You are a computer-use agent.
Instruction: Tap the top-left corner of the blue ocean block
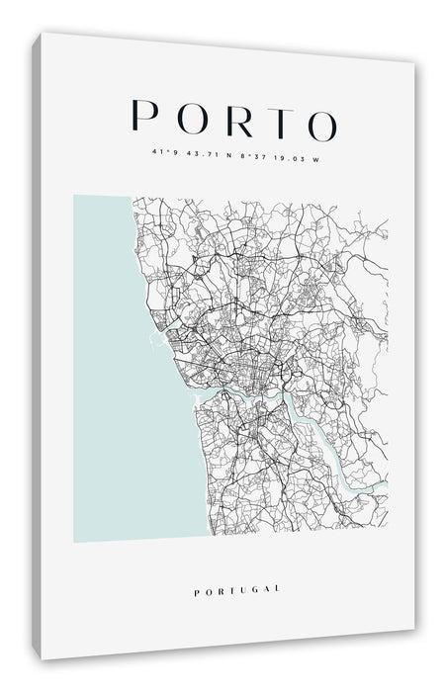[x=75, y=197]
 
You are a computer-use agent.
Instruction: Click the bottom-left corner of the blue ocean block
[x=75, y=540]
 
